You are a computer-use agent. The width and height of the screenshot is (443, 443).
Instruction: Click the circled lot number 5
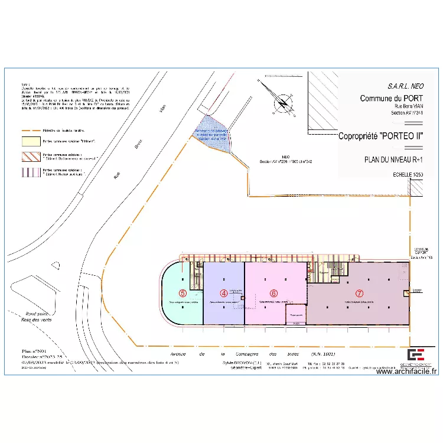[183, 292]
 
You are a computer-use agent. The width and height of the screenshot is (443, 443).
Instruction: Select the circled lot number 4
[224, 292]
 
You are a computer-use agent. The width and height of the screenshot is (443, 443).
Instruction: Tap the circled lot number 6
[273, 292]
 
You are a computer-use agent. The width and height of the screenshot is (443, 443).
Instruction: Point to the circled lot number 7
[359, 292]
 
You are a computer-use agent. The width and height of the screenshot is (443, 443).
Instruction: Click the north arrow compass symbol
[282, 103]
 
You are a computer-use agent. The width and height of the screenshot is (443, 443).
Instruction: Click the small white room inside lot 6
[295, 314]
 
